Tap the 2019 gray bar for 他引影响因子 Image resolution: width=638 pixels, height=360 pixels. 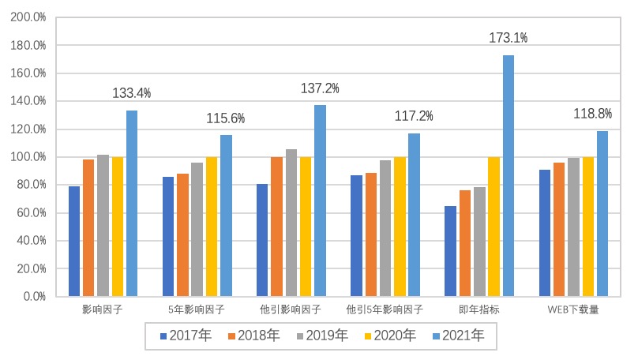(x=291, y=223)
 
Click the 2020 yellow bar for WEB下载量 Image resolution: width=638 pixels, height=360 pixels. (x=587, y=227)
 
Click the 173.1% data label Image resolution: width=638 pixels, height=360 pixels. (x=509, y=37)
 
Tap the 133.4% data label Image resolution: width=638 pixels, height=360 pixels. (x=132, y=93)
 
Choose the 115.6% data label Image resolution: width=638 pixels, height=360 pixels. (x=226, y=118)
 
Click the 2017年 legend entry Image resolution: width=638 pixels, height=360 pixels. (x=185, y=336)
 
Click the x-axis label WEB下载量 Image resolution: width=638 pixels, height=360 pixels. (x=573, y=309)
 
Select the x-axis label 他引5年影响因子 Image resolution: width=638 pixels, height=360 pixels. (x=385, y=309)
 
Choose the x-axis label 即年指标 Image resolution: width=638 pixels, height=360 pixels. (x=479, y=309)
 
